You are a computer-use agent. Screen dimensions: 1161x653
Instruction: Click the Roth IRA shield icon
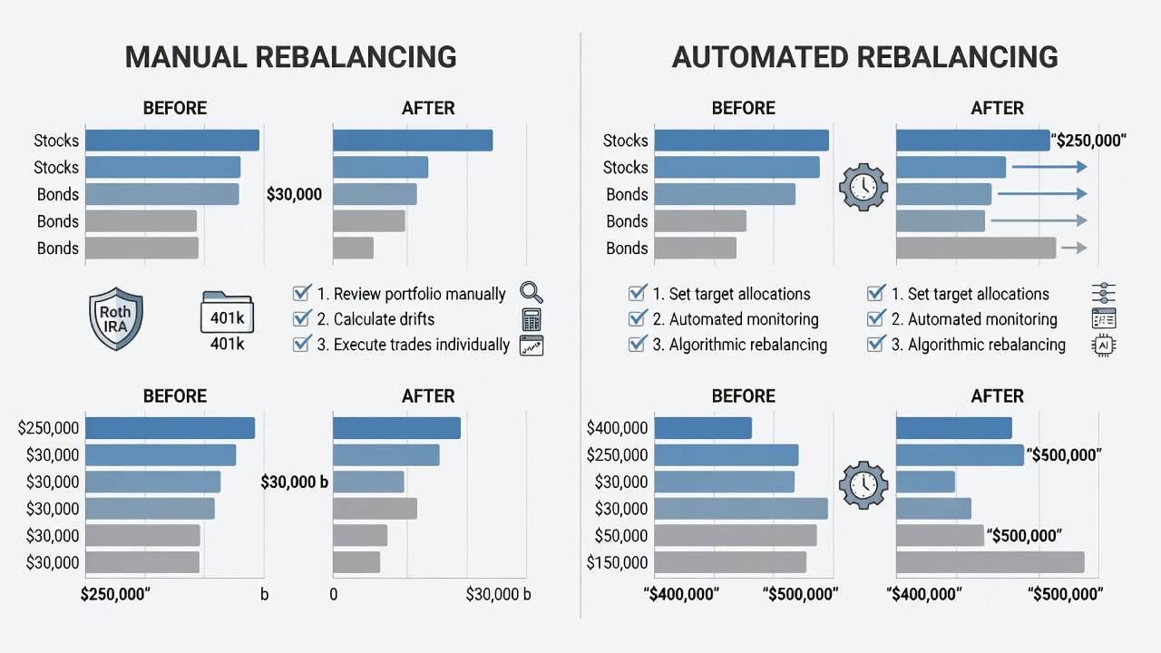[x=115, y=318]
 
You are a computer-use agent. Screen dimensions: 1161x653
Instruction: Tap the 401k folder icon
[x=227, y=312]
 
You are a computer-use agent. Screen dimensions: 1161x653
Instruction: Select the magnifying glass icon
[x=532, y=293]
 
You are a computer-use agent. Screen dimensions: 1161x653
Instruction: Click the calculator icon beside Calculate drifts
[x=532, y=319]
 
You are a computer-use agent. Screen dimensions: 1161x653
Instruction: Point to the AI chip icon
[x=1104, y=346]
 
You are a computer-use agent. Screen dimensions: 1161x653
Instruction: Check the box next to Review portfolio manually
[x=302, y=293]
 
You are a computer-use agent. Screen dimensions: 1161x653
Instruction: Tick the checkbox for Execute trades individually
[x=302, y=344]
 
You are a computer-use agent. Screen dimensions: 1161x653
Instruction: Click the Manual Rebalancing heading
[x=291, y=57]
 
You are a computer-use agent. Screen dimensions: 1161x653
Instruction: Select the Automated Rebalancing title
[x=864, y=57]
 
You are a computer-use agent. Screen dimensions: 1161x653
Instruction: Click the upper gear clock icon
[x=863, y=187]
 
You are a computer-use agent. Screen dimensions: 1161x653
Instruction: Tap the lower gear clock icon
[x=863, y=485]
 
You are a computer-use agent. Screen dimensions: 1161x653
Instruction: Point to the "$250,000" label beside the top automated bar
[x=1088, y=141]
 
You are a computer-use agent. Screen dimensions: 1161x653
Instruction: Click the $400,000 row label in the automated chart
[x=617, y=428]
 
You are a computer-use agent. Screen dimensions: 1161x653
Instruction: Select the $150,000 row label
[x=617, y=563]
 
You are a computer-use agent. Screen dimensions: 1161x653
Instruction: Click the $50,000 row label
[x=621, y=536]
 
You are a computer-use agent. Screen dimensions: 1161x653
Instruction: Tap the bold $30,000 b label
[x=295, y=482]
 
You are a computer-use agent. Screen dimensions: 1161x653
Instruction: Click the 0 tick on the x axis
[x=333, y=594]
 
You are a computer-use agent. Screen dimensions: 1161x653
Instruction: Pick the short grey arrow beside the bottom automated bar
[x=1074, y=248]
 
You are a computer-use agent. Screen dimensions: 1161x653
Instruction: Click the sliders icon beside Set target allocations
[x=1104, y=293]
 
